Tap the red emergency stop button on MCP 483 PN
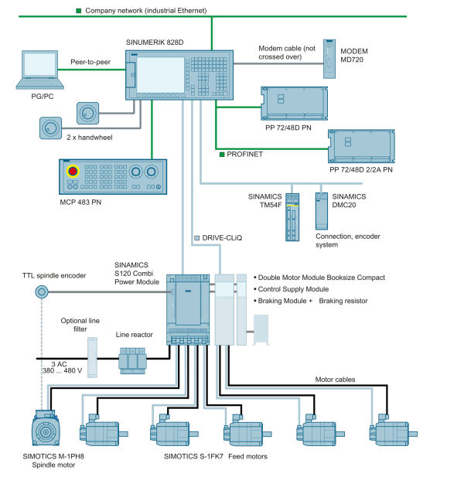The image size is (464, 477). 73,171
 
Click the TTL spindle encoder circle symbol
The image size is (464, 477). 42,291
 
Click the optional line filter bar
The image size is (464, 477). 92,357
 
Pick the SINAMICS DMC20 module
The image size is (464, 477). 321,209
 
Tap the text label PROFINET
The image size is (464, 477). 244,155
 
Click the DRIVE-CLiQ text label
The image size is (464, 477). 222,238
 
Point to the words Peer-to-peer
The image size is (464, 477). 90,61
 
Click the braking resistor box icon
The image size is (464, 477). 261,328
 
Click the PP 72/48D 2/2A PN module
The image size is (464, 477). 361,145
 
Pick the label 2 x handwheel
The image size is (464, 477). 90,137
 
